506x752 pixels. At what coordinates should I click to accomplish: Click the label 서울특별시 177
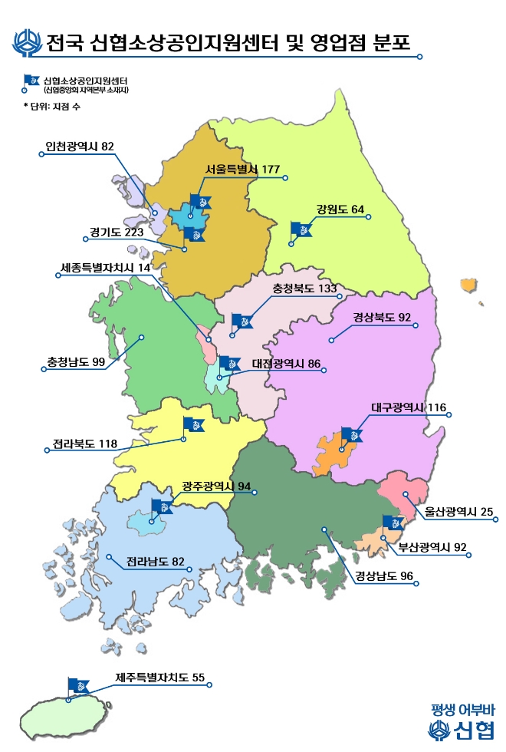pos(242,170)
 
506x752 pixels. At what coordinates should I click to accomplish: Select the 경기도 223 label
pos(117,233)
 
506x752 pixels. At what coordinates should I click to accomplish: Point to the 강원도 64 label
pos(340,209)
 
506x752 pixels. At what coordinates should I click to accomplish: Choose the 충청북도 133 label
pos(305,289)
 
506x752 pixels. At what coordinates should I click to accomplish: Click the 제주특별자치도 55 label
pos(160,678)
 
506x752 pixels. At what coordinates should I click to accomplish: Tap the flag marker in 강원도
pos(301,229)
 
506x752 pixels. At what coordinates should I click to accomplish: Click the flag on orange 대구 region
pos(351,435)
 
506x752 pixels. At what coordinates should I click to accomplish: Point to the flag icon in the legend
pos(33,80)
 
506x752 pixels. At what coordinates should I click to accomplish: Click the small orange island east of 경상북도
pos(468,285)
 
